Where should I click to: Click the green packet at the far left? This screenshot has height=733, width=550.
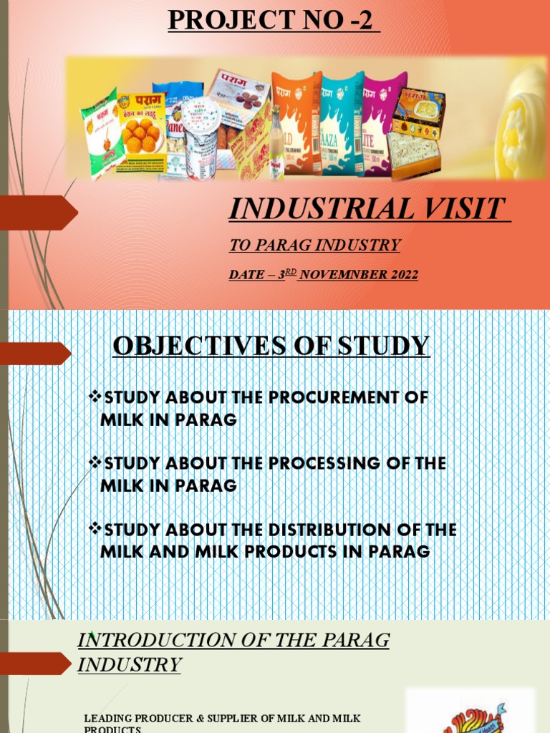100,132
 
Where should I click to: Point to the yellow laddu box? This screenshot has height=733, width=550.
141,129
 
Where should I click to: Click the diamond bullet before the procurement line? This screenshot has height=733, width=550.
95,397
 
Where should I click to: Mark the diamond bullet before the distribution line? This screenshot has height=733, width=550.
95,529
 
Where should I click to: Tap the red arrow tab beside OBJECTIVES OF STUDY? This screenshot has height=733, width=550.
36,353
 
